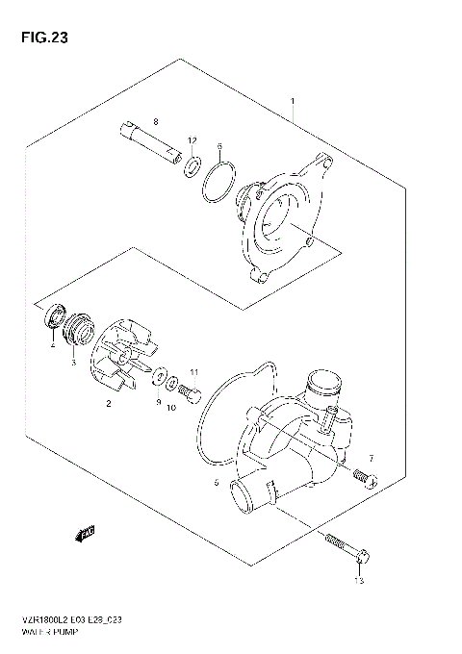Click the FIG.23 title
(x=39, y=38)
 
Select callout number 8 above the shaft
(x=155, y=122)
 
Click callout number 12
(x=192, y=140)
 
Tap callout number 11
(x=193, y=373)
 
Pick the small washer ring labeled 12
(x=192, y=166)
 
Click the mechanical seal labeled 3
(x=76, y=337)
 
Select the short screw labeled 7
(x=364, y=475)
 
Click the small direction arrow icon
(x=86, y=530)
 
